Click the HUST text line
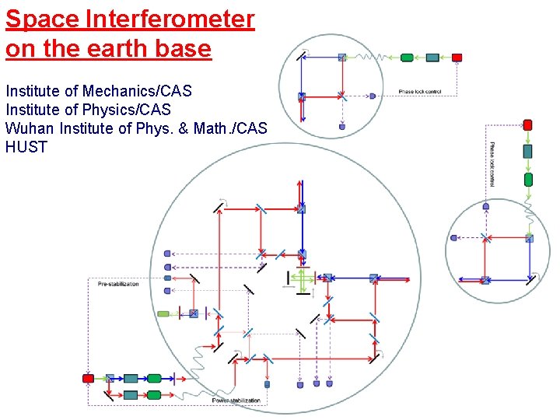coord(26,146)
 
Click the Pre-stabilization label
coord(118,284)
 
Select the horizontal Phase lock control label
coord(420,92)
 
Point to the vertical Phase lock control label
coord(492,164)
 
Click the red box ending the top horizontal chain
coord(457,57)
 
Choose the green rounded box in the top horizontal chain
coord(407,57)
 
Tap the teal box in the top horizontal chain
coord(432,57)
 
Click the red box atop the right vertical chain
coord(528,124)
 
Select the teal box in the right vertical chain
coord(528,151)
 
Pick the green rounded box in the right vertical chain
coord(528,180)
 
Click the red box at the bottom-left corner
coord(88,378)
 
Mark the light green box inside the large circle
coord(163,314)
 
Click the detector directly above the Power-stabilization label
coord(267,383)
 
